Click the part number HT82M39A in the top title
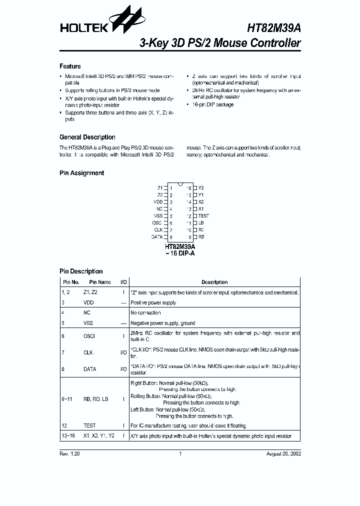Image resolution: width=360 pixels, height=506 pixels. click(x=274, y=28)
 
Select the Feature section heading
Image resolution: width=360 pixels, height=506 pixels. click(x=70, y=66)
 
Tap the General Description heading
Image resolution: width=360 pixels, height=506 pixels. click(x=87, y=137)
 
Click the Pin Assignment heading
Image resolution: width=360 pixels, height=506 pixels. click(x=81, y=173)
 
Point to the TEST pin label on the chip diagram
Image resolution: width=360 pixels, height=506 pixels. click(x=203, y=215)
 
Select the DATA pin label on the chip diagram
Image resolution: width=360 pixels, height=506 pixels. click(x=156, y=236)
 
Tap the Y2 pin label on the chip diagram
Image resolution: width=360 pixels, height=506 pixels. click(x=201, y=187)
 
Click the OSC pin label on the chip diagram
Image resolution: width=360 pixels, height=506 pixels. click(x=156, y=222)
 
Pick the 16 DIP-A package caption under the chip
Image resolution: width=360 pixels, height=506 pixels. click(x=180, y=254)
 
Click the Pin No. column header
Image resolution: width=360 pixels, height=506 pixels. click(x=70, y=282)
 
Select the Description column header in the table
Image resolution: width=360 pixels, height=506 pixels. click(x=214, y=282)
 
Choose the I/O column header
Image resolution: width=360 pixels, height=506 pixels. click(x=123, y=282)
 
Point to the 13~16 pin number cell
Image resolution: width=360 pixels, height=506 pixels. click(x=67, y=436)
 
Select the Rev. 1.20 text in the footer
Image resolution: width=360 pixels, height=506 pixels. click(x=69, y=454)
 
